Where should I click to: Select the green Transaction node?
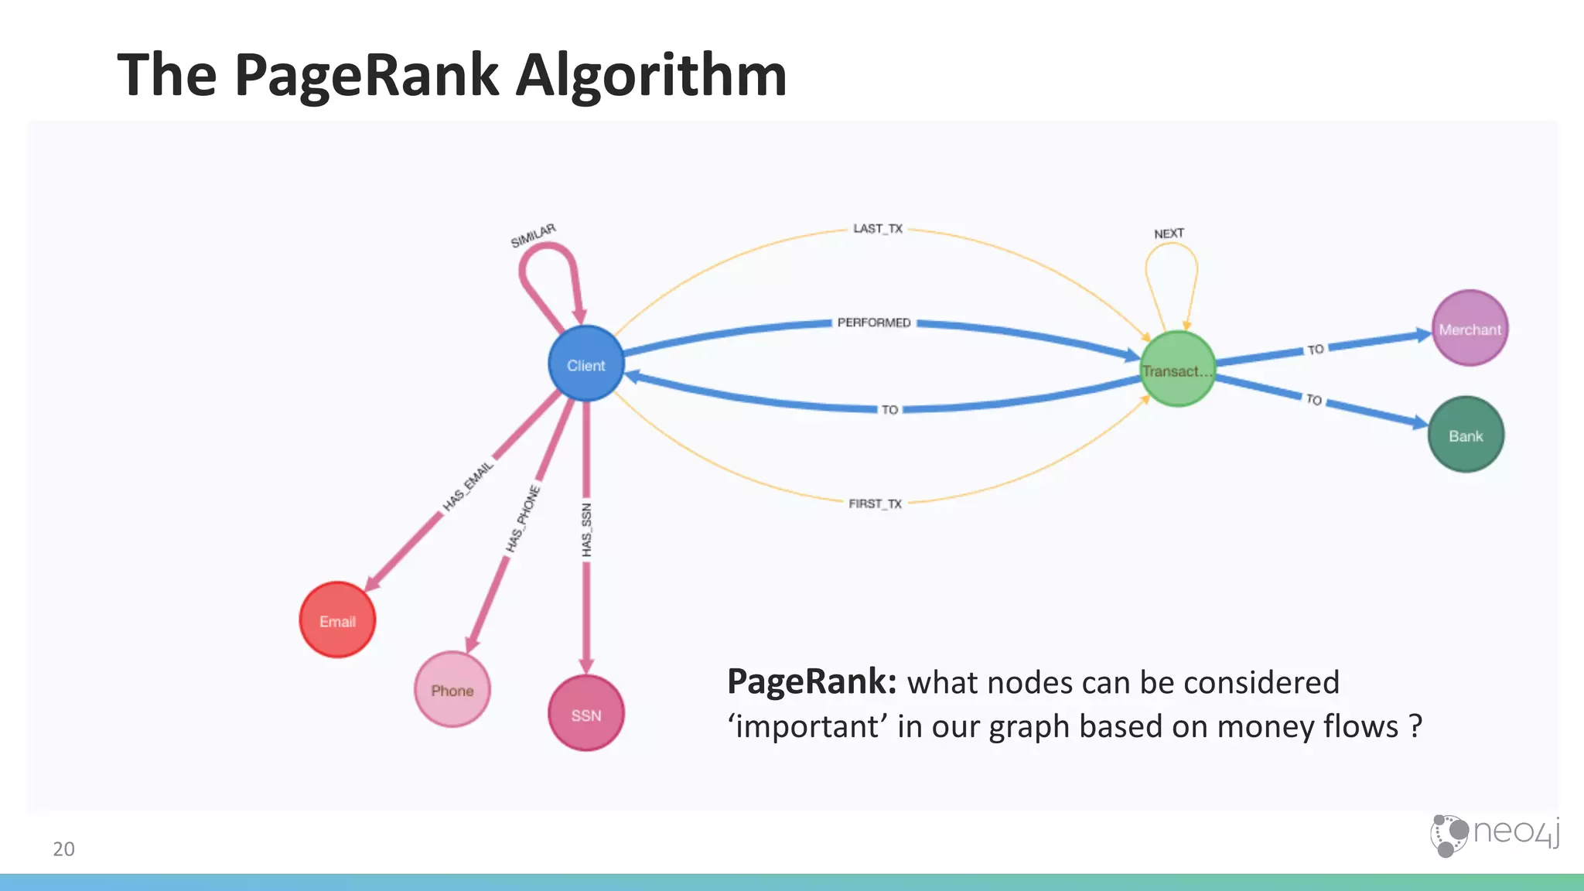click(x=1177, y=369)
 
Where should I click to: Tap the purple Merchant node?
click(x=1470, y=328)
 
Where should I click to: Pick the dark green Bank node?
click(x=1466, y=435)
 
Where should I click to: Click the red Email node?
click(x=337, y=620)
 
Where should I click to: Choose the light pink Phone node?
click(x=452, y=689)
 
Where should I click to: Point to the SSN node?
click(x=586, y=713)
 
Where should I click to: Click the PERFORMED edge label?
click(x=874, y=323)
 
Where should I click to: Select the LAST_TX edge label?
click(x=878, y=229)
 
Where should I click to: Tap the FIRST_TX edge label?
click(x=875, y=504)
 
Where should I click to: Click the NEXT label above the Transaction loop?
click(x=1169, y=234)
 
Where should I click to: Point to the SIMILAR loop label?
click(x=533, y=235)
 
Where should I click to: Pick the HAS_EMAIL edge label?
click(x=468, y=486)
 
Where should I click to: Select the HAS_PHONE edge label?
click(x=523, y=518)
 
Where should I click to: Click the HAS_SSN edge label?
click(x=586, y=530)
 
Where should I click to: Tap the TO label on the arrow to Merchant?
click(x=1316, y=350)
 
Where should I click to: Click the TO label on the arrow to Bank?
click(x=1314, y=399)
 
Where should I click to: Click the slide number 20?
click(x=63, y=848)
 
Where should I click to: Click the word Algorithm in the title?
click(x=651, y=75)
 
